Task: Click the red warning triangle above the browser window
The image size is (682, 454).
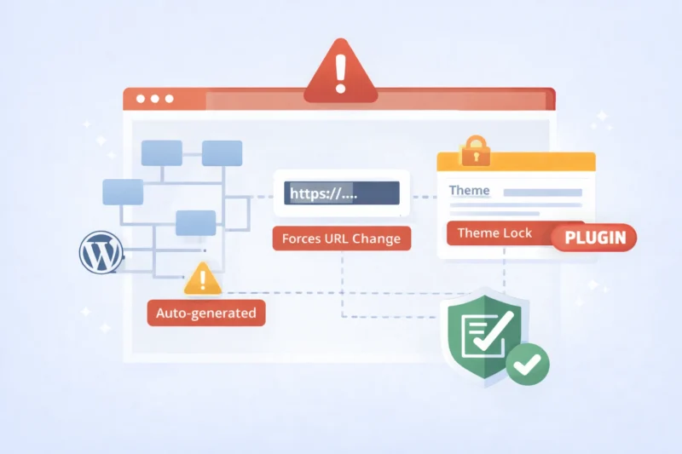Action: [341, 73]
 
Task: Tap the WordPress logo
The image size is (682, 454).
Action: [101, 252]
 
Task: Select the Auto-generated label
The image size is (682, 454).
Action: [205, 313]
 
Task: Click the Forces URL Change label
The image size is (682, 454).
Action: [341, 238]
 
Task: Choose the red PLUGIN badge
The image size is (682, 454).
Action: [594, 238]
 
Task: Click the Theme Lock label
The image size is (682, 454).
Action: [494, 233]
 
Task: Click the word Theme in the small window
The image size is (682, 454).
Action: [469, 190]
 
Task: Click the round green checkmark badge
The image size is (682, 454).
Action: [528, 365]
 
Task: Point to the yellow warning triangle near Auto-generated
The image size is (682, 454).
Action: [203, 279]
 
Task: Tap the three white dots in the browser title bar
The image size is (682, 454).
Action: [154, 99]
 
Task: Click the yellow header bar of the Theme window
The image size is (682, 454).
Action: [515, 162]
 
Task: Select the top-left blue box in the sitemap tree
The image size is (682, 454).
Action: [161, 152]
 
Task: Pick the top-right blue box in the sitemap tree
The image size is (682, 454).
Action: [222, 152]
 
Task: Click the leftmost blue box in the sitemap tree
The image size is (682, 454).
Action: [123, 192]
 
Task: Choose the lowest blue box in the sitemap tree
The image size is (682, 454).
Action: [195, 222]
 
